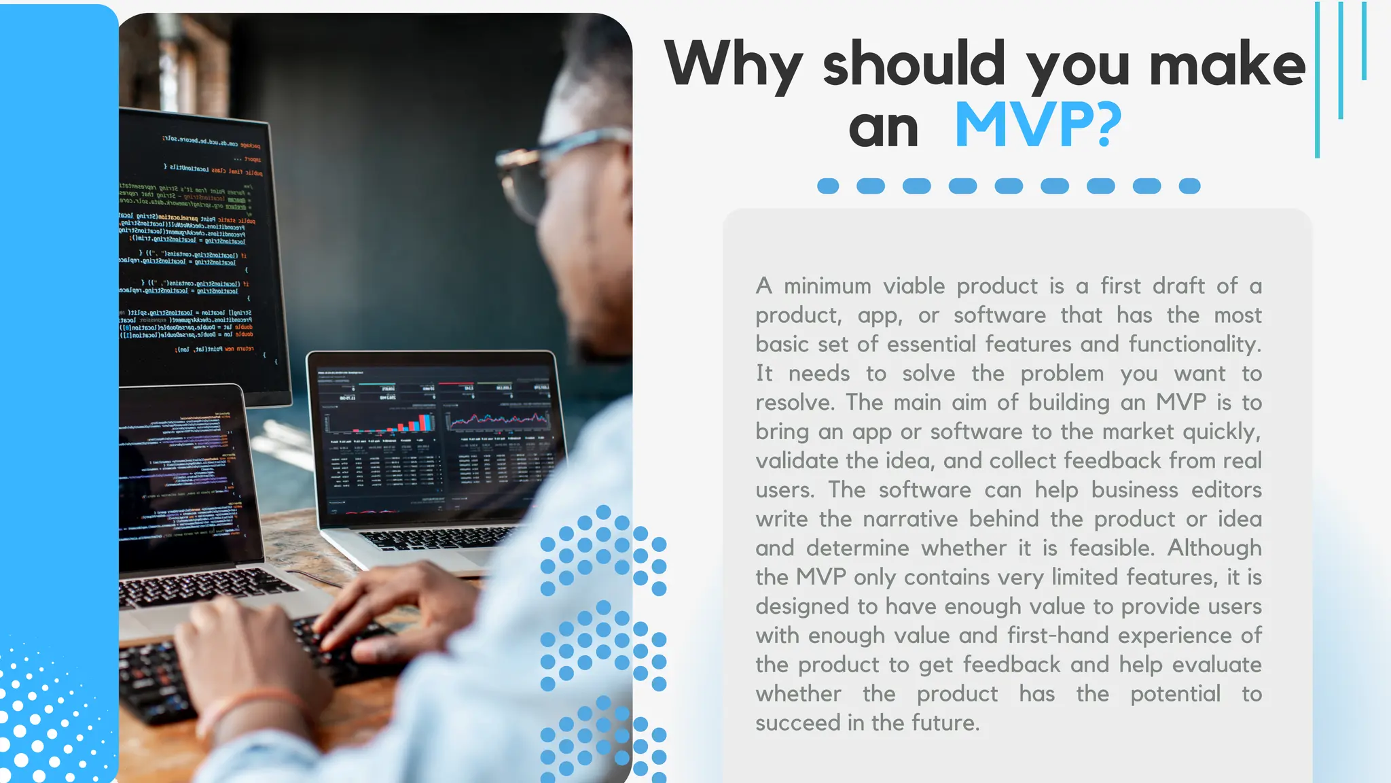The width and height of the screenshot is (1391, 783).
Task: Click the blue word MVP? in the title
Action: (x=1038, y=126)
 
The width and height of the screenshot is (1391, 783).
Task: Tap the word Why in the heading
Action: (x=734, y=65)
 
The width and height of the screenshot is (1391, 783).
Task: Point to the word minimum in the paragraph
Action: (x=827, y=286)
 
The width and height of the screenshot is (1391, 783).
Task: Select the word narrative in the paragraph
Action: (x=910, y=519)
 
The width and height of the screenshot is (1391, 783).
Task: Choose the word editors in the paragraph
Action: (x=1226, y=490)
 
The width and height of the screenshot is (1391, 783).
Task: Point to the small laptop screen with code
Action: (x=183, y=476)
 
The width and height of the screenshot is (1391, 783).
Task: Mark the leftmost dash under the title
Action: (x=828, y=186)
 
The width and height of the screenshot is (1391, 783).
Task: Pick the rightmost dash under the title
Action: (x=1189, y=186)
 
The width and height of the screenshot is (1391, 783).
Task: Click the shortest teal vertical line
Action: (x=1364, y=41)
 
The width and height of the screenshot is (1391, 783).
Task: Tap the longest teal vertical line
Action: (x=1318, y=80)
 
